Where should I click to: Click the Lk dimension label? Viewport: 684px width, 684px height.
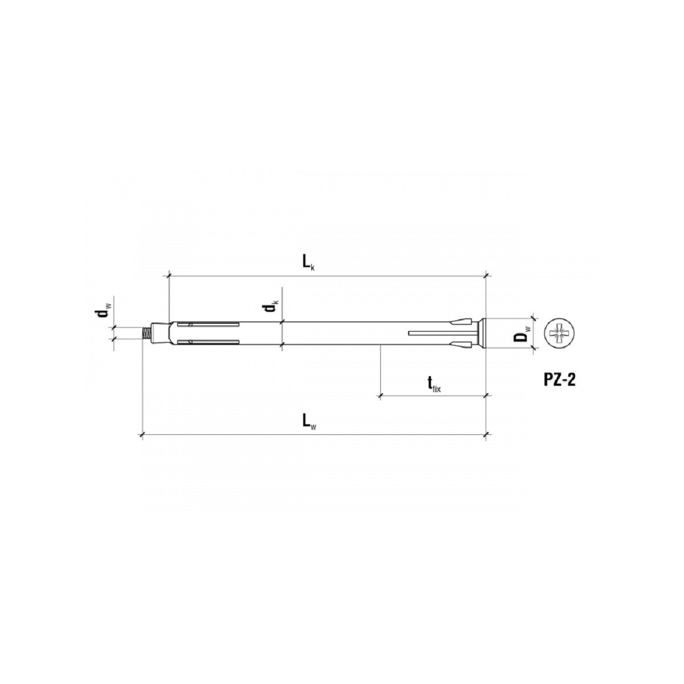(x=308, y=263)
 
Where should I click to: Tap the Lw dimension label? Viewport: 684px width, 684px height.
(x=309, y=422)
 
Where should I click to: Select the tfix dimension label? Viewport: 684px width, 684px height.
(x=433, y=384)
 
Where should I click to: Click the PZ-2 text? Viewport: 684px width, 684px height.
(x=559, y=380)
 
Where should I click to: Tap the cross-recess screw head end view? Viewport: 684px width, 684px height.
(x=559, y=333)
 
